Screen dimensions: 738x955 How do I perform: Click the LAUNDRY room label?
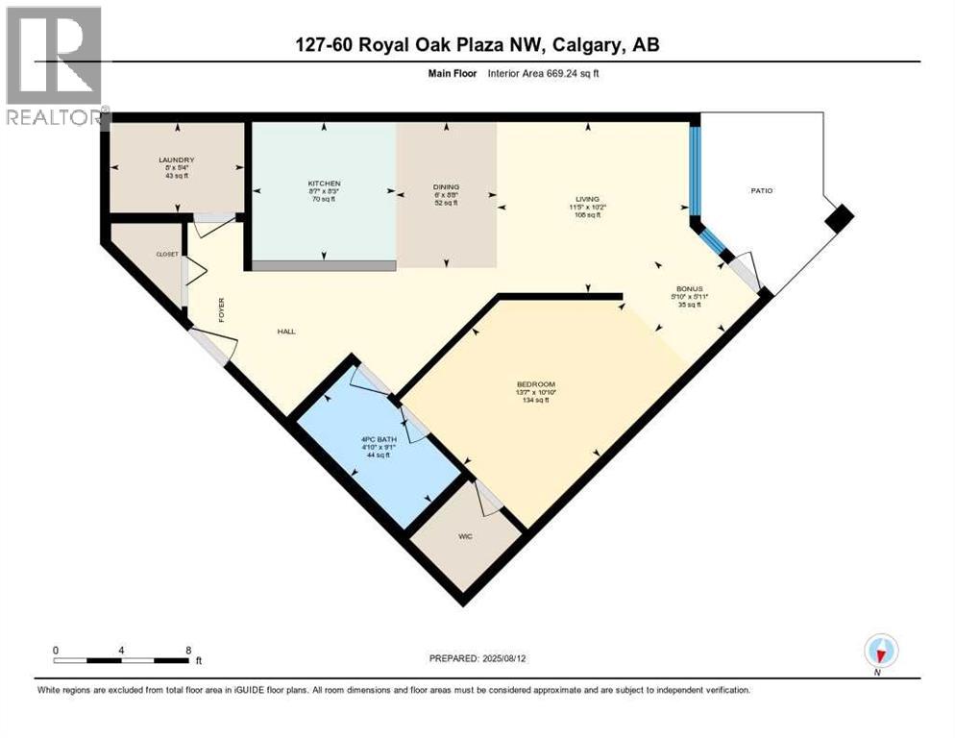tap(177, 160)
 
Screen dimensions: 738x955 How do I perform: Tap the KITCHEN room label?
tap(324, 183)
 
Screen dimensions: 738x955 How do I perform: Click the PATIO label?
tap(762, 190)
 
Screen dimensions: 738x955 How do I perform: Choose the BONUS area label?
tap(689, 288)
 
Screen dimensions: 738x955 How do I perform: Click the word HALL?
tap(286, 331)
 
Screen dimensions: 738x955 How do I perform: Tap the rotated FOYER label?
tap(221, 309)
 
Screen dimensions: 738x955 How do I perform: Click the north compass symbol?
tap(880, 651)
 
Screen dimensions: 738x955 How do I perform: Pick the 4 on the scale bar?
tap(121, 650)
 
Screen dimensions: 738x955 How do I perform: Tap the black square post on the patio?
tap(840, 218)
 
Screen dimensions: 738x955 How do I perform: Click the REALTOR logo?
tap(55, 67)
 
